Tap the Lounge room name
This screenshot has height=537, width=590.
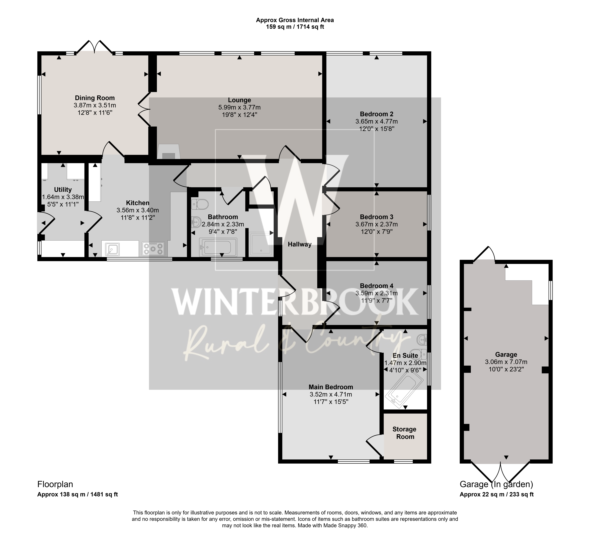pos(239,100)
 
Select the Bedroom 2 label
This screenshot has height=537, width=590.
pos(376,114)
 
